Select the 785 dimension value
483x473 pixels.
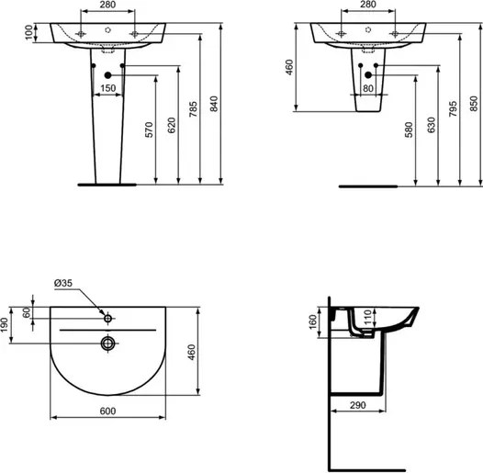point(193,113)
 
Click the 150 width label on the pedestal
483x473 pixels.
point(108,88)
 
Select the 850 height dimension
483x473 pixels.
point(472,107)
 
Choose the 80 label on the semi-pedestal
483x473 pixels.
point(368,88)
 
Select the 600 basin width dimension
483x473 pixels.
point(108,411)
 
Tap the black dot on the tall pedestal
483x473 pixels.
point(108,74)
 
